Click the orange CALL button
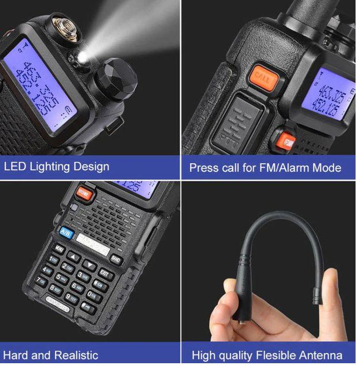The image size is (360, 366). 263,77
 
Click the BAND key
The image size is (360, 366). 115,259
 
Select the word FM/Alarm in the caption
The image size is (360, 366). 284,167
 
